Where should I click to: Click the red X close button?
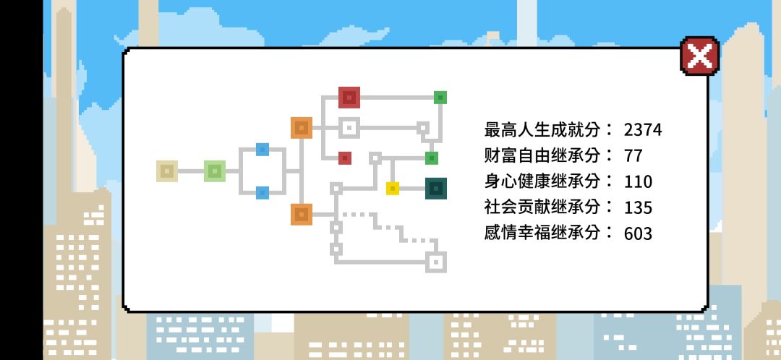coord(699,56)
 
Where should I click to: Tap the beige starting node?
coord(167,171)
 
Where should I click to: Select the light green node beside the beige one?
coord(215,171)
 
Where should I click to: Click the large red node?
coord(349,98)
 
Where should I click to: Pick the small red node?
coord(345,158)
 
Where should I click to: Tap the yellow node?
coord(393,189)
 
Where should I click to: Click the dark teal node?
coord(436,189)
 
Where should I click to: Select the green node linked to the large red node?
coord(440,98)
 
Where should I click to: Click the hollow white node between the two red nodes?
coord(349,128)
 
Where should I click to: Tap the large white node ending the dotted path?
coord(436,262)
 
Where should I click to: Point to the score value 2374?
coord(643,130)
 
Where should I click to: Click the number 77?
coord(633,156)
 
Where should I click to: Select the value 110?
coord(638,181)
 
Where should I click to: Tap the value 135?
coord(638,207)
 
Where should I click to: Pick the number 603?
coord(638,233)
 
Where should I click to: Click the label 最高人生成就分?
coord(542,129)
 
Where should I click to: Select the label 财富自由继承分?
coord(542,155)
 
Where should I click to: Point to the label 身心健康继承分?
coord(542,181)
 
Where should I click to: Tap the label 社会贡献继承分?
coord(542,207)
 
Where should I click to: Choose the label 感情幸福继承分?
coord(542,233)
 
